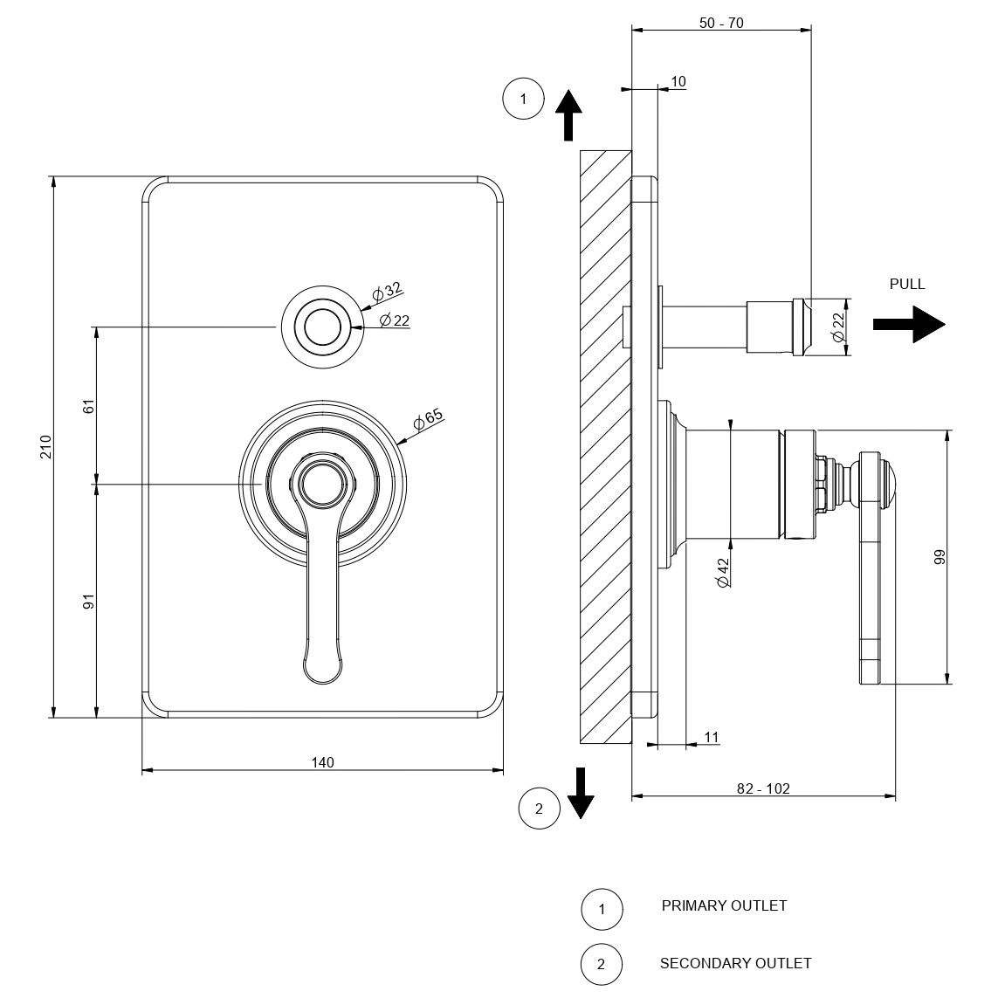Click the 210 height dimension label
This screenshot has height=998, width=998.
pos(46,447)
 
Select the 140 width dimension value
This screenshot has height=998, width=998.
pos(322,762)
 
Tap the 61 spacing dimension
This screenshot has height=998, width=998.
pos(88,405)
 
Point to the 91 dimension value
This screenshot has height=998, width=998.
pos(88,601)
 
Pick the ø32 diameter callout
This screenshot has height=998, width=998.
pos(385,292)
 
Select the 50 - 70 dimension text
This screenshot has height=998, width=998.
pos(721,23)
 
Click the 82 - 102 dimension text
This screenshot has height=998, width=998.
pos(763,788)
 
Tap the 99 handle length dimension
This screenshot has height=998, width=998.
pos(939,557)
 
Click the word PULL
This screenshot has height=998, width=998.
pos(906,284)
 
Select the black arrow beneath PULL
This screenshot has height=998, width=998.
pos(909,324)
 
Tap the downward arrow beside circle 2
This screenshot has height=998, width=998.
pos(581,793)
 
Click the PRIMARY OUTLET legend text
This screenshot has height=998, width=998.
pos(724,905)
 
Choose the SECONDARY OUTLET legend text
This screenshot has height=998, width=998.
pos(735,963)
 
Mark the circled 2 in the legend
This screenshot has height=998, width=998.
pos(601,965)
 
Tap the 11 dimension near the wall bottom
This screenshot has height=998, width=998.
pos(712,738)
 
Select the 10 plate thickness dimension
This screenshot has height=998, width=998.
pos(678,82)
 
